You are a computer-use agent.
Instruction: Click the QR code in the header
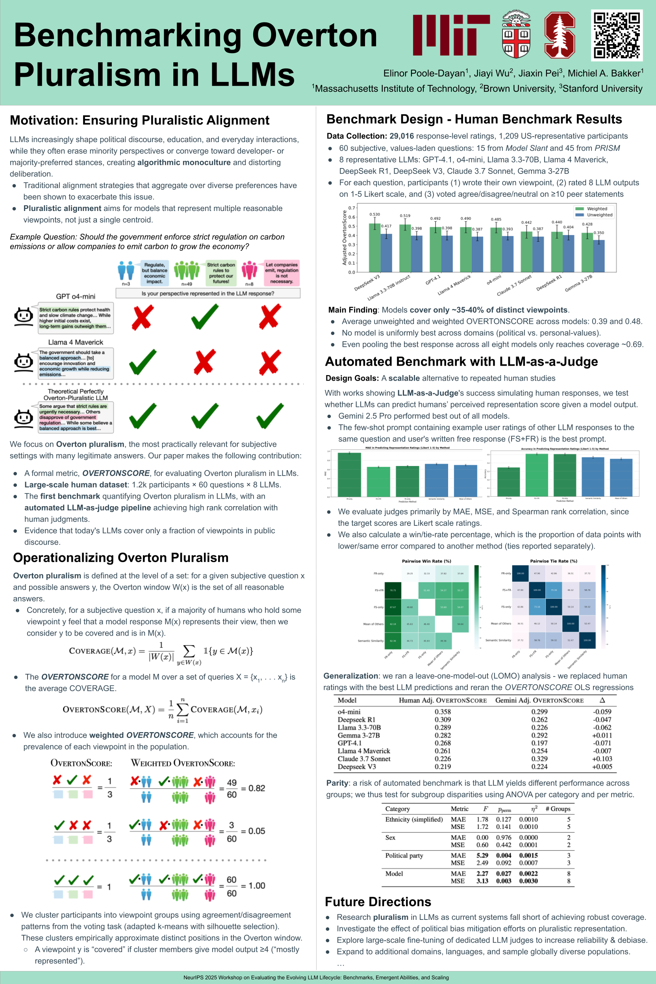[x=617, y=35]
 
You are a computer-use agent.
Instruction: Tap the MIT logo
[x=451, y=35]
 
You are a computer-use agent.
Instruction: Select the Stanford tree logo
[x=560, y=35]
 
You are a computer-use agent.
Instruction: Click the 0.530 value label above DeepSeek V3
[x=374, y=214]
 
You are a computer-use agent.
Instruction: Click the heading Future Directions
[x=378, y=902]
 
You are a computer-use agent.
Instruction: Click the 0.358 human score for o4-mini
[x=443, y=712]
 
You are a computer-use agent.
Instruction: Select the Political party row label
[x=404, y=856]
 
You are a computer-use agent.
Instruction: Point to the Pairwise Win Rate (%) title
[x=426, y=561]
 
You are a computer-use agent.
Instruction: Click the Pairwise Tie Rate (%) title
[x=553, y=561]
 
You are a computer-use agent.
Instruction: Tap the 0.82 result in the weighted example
[x=256, y=788]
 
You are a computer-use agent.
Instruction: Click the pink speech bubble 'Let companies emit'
[x=282, y=273]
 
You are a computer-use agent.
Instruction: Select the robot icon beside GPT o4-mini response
[x=24, y=316]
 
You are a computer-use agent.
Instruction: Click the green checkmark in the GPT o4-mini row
[x=205, y=317]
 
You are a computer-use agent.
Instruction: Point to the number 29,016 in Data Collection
[x=401, y=136]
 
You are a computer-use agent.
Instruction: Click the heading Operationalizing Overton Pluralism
[x=120, y=558]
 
